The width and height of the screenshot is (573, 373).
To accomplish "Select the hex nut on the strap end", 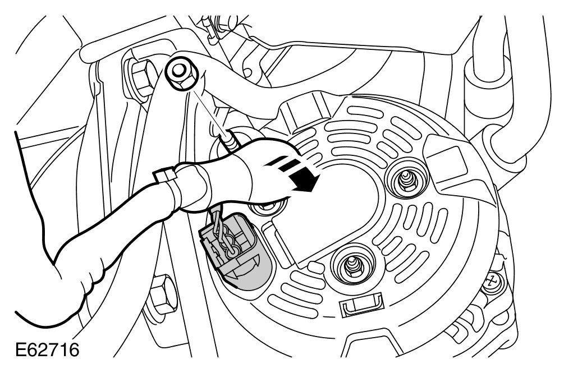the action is point(180,72).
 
